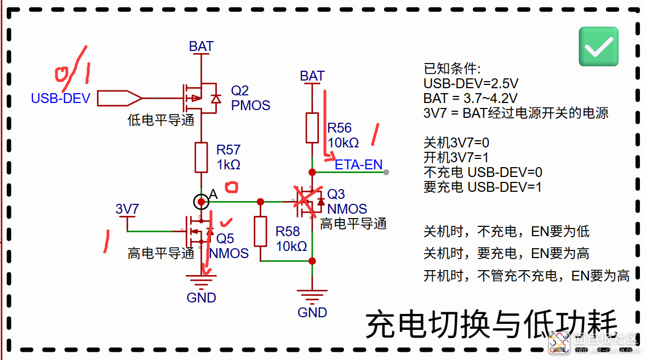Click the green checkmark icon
pyautogui.click(x=598, y=47)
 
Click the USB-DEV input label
pyautogui.click(x=61, y=99)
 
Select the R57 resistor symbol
pyautogui.click(x=201, y=157)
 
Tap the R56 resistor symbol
pyautogui.click(x=312, y=128)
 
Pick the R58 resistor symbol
pyautogui.click(x=260, y=231)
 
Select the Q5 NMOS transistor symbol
pyautogui.click(x=198, y=231)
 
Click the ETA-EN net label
pyautogui.click(x=358, y=165)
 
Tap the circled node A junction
pyautogui.click(x=201, y=202)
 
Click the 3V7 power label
pyautogui.click(x=127, y=209)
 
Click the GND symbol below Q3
pyautogui.click(x=312, y=296)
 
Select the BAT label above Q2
pyautogui.click(x=201, y=47)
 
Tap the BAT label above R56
pyautogui.click(x=312, y=76)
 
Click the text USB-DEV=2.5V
pyautogui.click(x=471, y=84)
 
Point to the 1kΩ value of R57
pyautogui.click(x=228, y=165)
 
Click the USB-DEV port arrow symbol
pyautogui.click(x=119, y=98)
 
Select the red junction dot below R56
pyautogui.click(x=312, y=172)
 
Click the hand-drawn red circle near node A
pyautogui.click(x=232, y=188)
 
